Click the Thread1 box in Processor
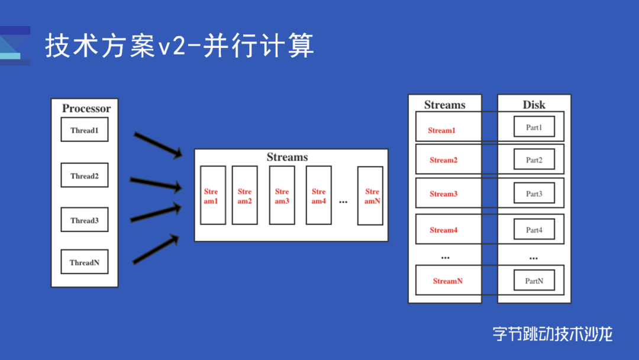[x=85, y=130]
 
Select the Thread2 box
[x=85, y=176]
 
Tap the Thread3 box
[x=85, y=220]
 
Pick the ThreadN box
[x=85, y=262]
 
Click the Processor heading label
[x=86, y=108]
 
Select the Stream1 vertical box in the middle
[x=212, y=195]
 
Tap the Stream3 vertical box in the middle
[x=282, y=195]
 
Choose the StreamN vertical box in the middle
[x=370, y=195]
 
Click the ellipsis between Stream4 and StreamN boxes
[x=343, y=202]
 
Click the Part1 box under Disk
[x=534, y=127]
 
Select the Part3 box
[x=534, y=194]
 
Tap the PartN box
[x=534, y=281]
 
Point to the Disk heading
[x=534, y=105]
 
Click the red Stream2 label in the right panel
[x=444, y=160]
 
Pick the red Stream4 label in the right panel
[x=444, y=230]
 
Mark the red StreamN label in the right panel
[x=447, y=281]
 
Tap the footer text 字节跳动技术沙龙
[x=553, y=334]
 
